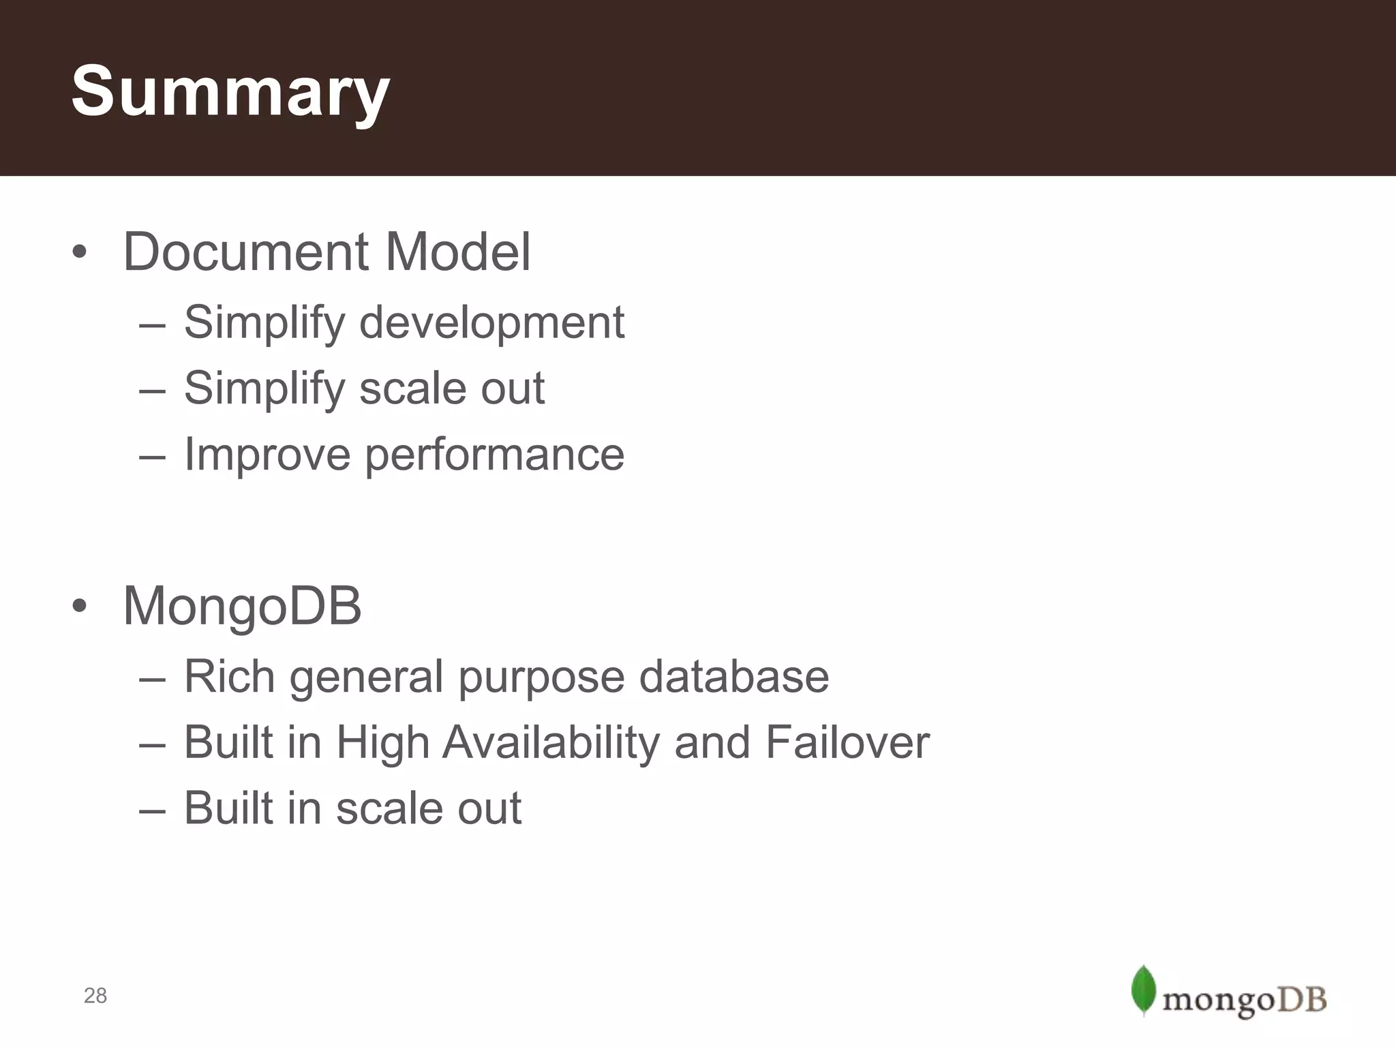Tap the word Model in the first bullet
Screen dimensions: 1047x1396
(x=458, y=252)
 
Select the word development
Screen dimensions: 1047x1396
(x=491, y=322)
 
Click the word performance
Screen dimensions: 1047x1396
(x=495, y=455)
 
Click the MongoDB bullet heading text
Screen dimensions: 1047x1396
(x=242, y=606)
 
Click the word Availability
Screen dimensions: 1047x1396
(x=551, y=742)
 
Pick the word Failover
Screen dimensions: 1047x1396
(x=847, y=742)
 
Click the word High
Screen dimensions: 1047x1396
(x=382, y=742)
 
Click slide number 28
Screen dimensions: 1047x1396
(x=95, y=996)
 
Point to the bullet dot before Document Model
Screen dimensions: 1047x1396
(x=80, y=253)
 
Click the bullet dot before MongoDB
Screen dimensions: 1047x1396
(x=80, y=607)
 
